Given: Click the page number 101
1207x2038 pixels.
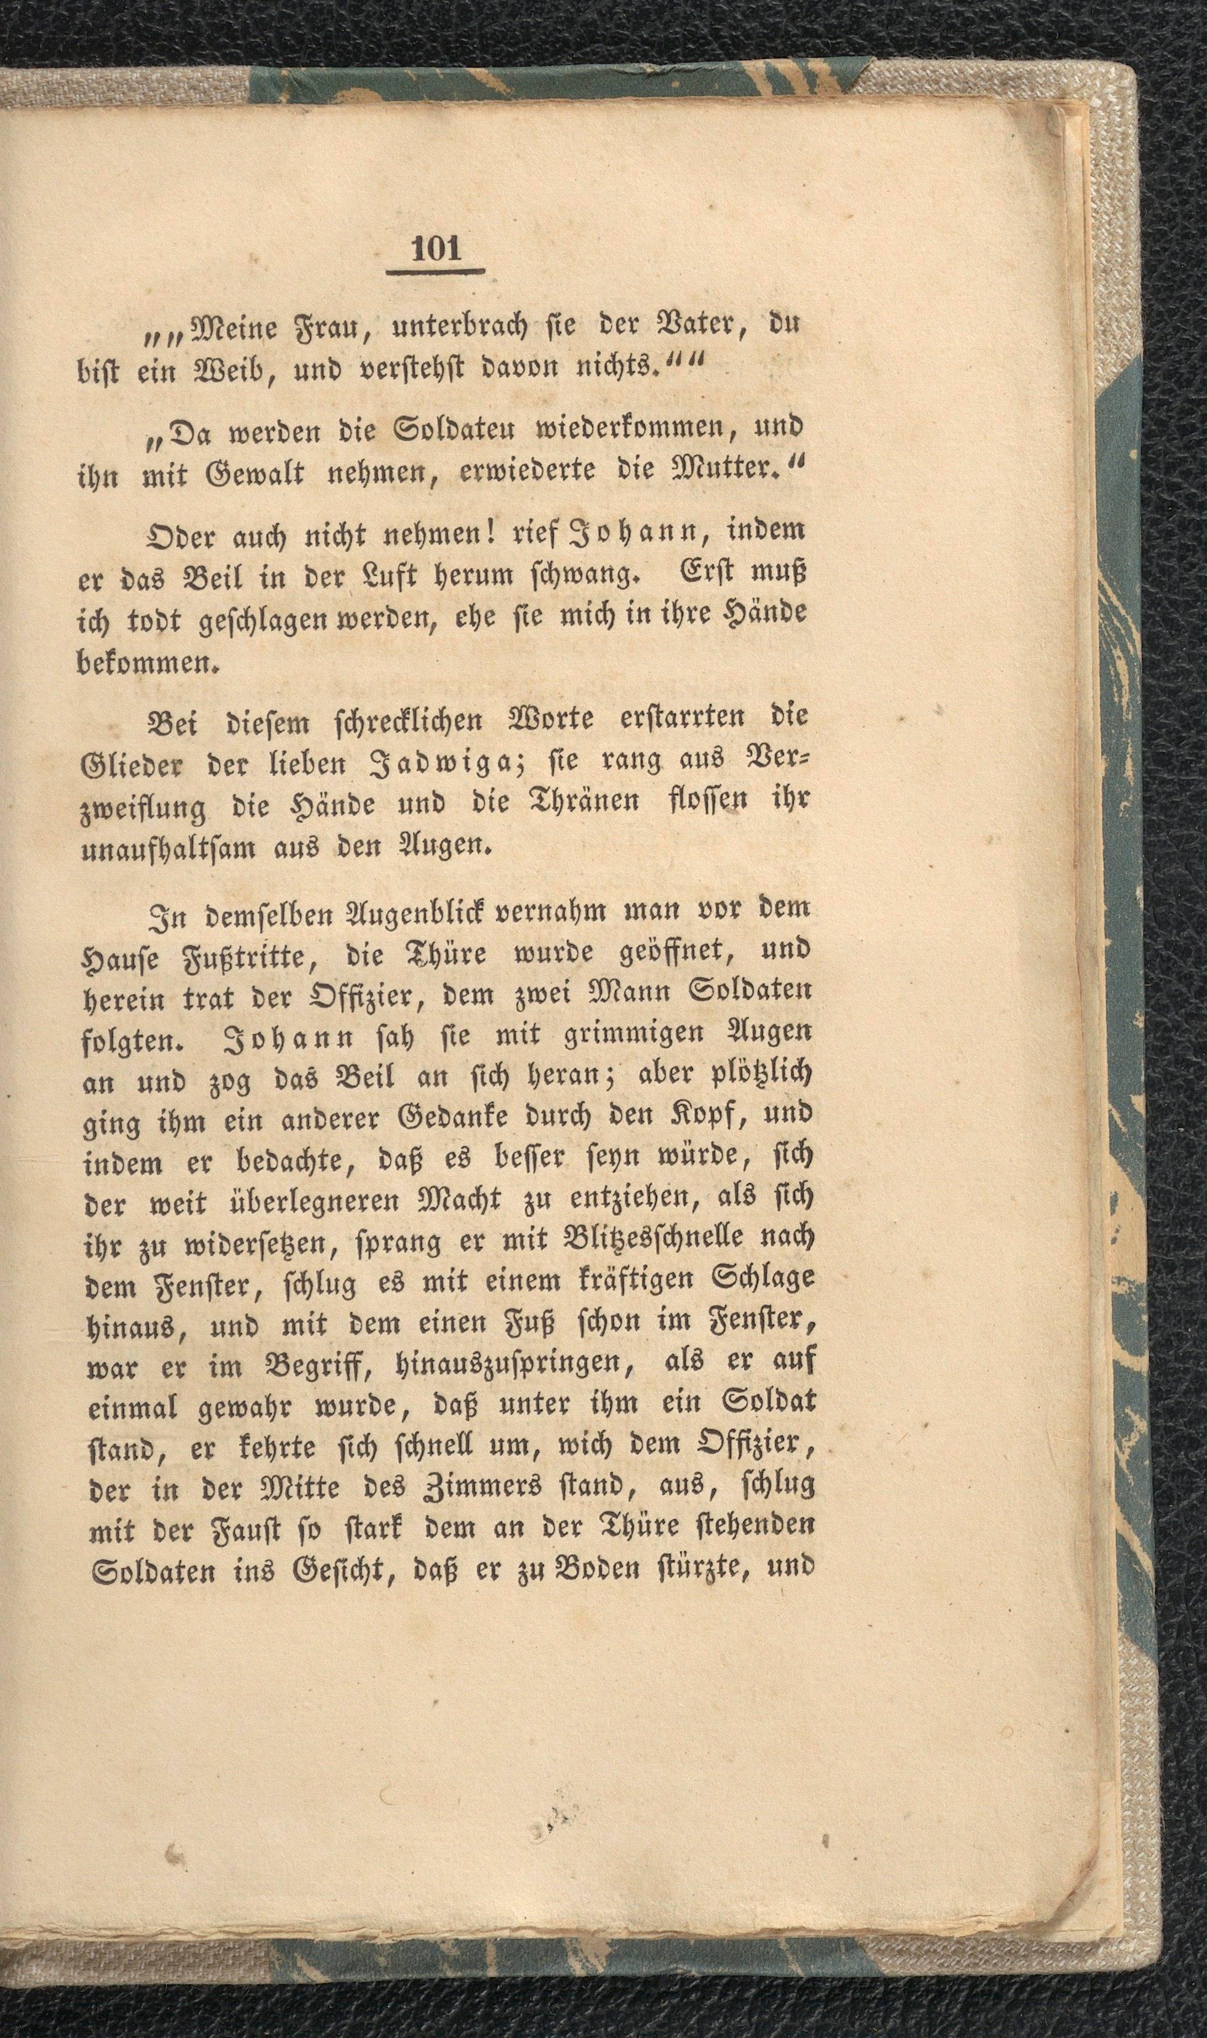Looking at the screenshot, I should coord(437,248).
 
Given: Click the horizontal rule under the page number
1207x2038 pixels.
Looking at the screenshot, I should coord(437,271).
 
